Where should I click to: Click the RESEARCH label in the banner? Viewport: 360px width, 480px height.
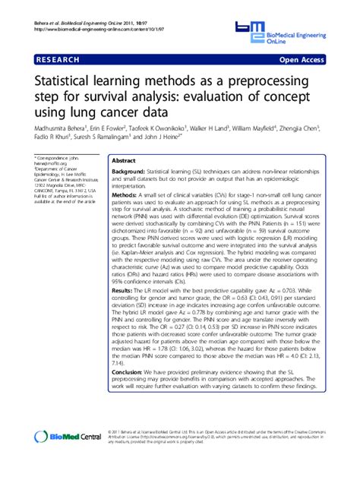pos(55,58)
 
